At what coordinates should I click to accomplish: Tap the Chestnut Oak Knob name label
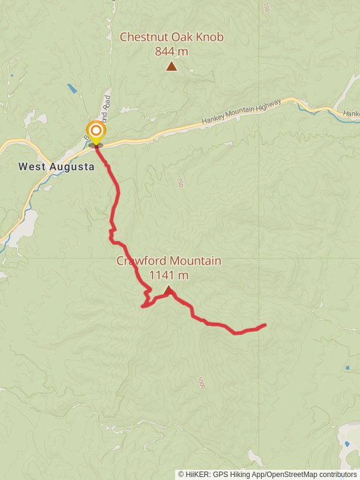[x=172, y=37]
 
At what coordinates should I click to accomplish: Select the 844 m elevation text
[x=172, y=52]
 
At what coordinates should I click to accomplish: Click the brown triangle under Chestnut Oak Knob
[x=172, y=67]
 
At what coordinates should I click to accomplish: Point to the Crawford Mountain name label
[x=169, y=261]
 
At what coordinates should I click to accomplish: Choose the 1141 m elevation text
[x=169, y=275]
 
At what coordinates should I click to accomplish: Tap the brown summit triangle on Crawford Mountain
[x=169, y=290]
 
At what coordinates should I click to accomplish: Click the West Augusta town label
[x=56, y=167]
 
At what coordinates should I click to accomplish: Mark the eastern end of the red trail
[x=265, y=325]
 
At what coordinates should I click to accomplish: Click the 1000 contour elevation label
[x=201, y=383]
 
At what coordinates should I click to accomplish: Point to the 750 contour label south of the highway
[x=179, y=182]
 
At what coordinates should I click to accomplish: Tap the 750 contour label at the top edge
[x=266, y=7]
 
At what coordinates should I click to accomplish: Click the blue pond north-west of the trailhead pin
[x=72, y=89]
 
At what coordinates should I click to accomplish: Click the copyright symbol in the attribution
[x=181, y=475]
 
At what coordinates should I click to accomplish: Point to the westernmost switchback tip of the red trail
[x=142, y=307]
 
